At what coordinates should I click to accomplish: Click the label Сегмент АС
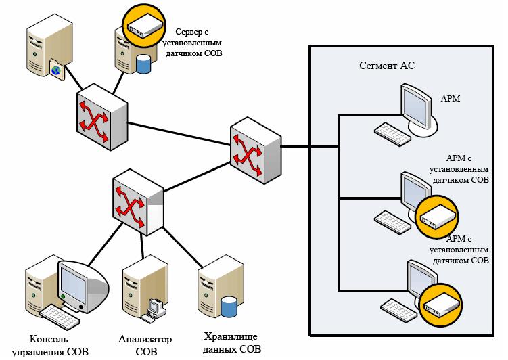(x=385, y=66)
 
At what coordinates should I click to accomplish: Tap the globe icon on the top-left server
(x=57, y=70)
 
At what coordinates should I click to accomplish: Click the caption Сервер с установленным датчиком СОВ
(x=193, y=42)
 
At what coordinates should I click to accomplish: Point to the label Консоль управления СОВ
(x=59, y=344)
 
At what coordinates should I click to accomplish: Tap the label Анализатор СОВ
(x=145, y=344)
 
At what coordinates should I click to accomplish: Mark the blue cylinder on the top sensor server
(x=143, y=64)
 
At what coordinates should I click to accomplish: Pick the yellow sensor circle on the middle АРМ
(x=435, y=216)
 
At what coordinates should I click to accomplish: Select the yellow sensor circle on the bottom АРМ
(x=440, y=304)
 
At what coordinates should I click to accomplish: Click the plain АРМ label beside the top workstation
(x=451, y=99)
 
